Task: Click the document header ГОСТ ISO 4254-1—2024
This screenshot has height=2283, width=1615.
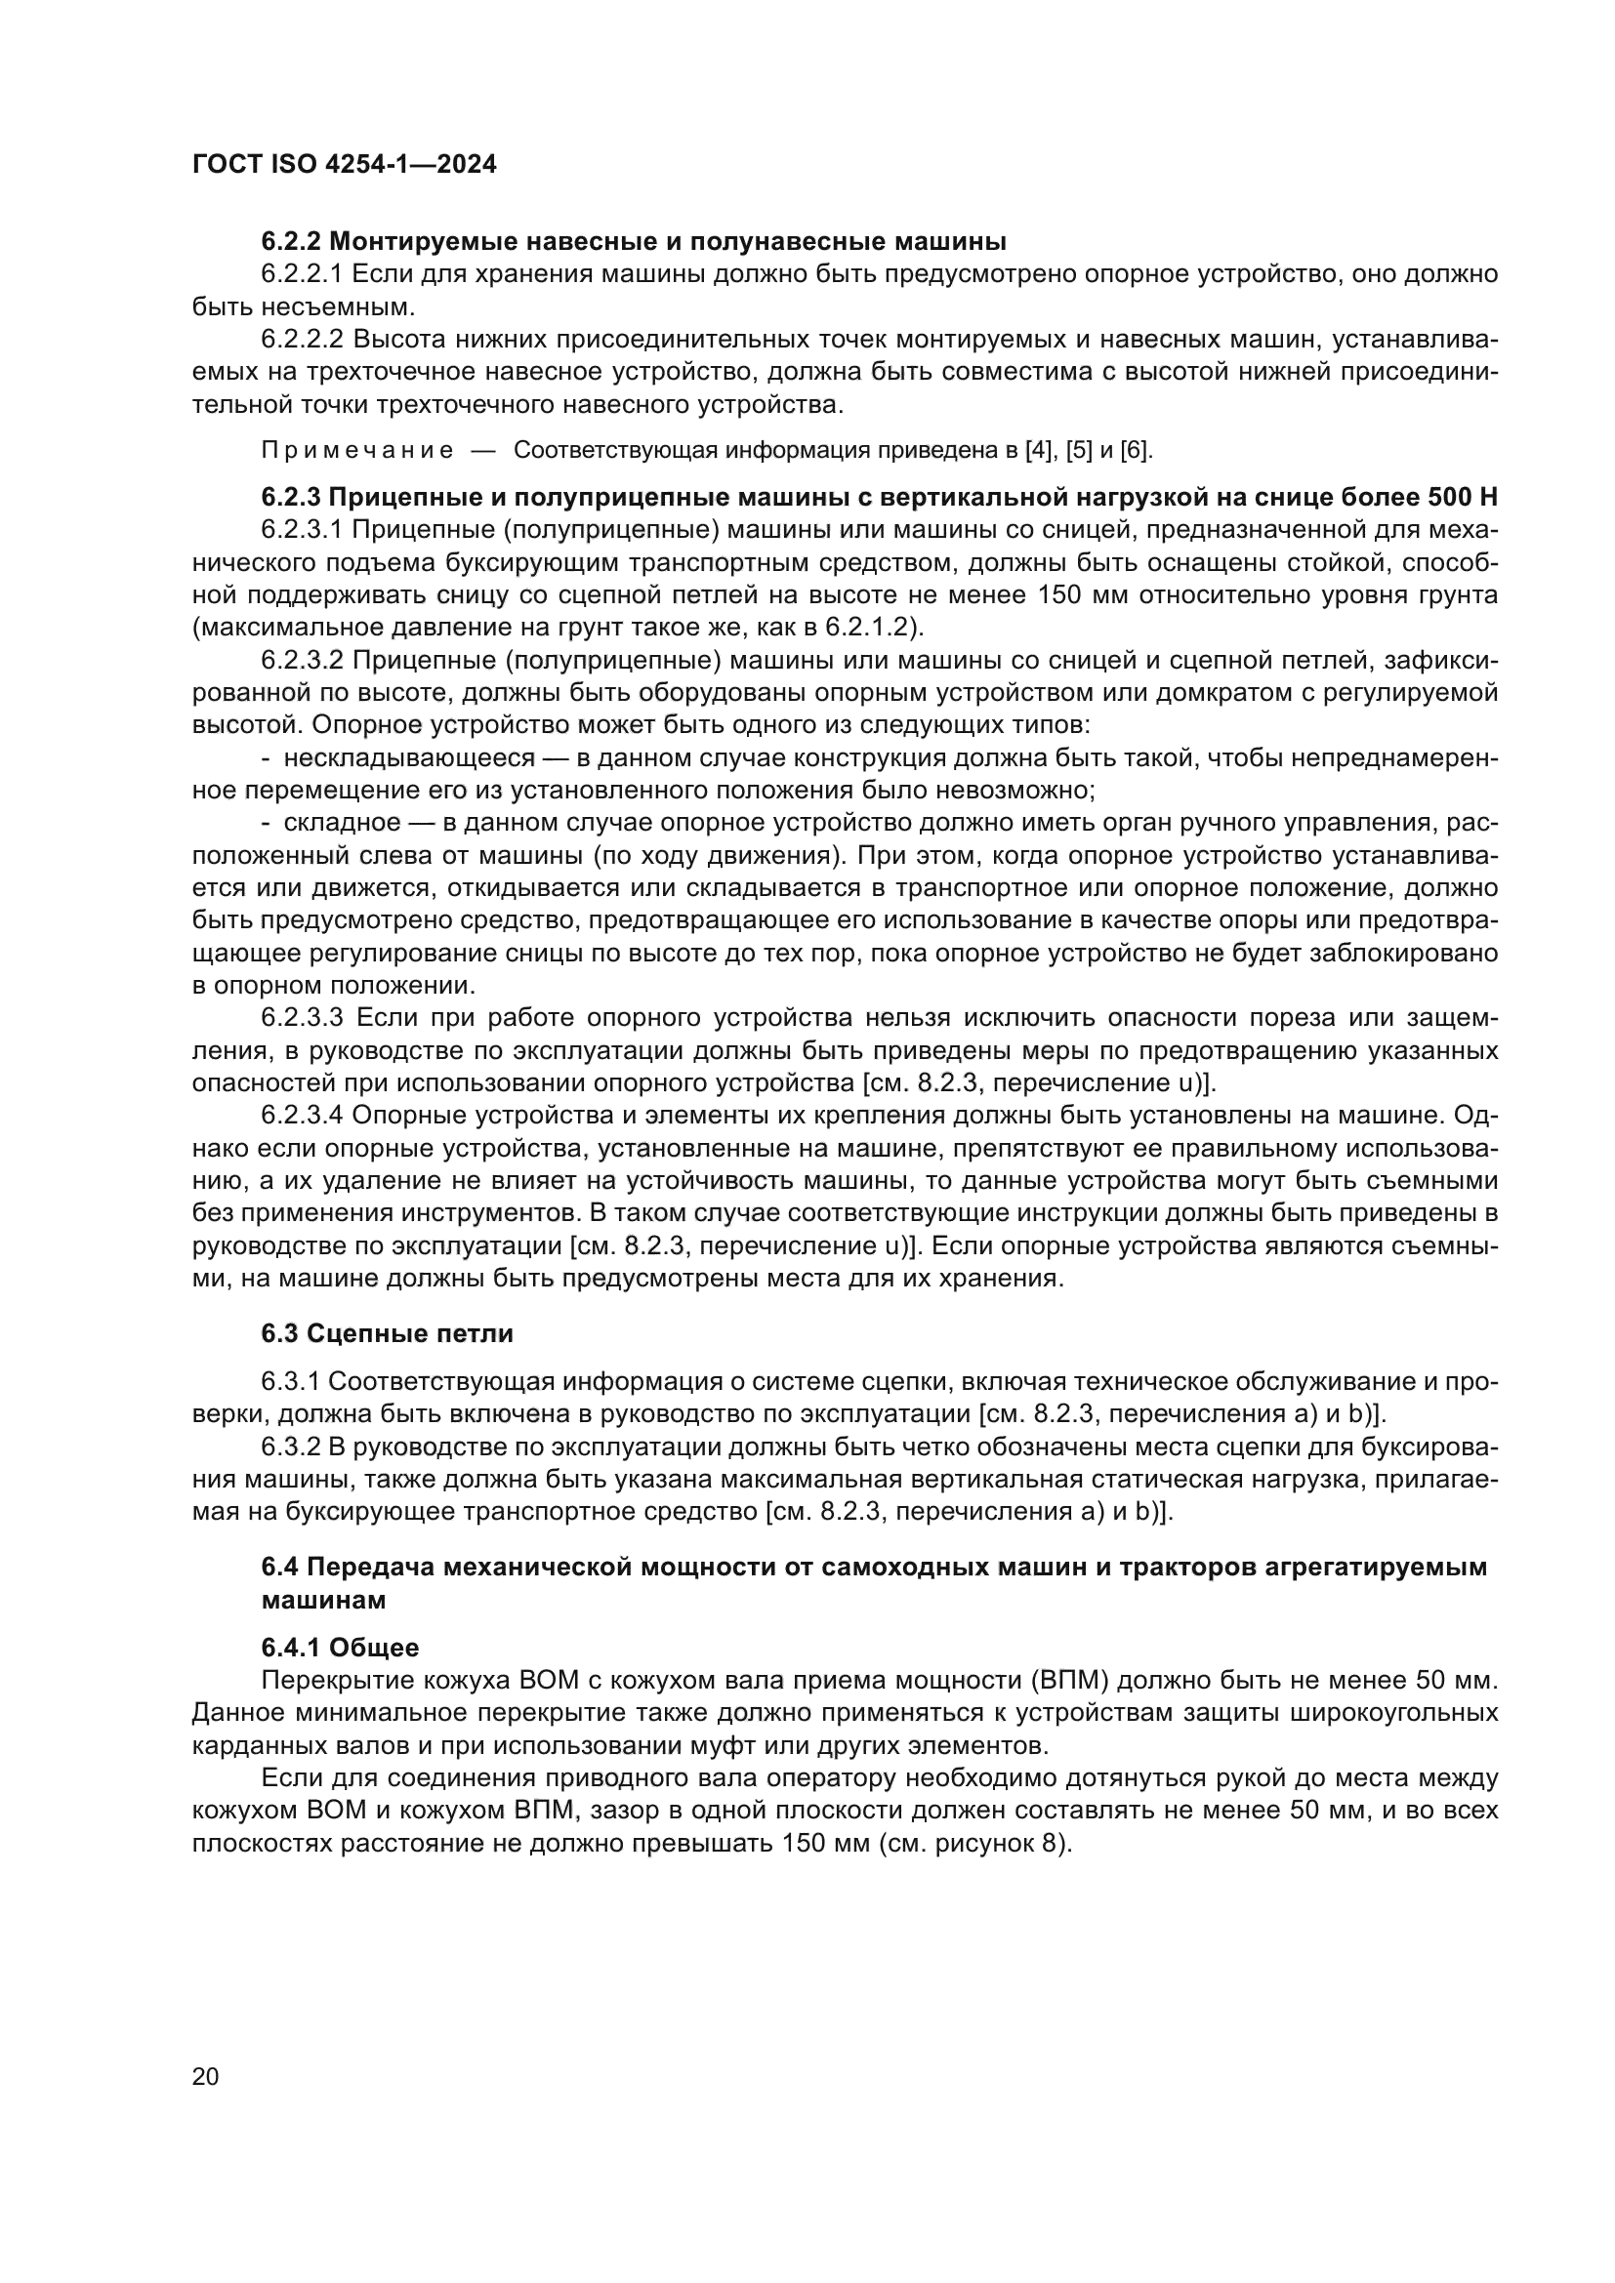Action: [x=344, y=165]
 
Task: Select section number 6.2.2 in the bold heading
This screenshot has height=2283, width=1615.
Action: [x=291, y=242]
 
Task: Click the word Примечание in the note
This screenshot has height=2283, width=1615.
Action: [x=357, y=450]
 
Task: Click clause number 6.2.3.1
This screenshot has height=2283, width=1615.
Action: [x=303, y=530]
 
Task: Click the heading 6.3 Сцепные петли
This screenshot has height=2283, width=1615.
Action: [x=387, y=1333]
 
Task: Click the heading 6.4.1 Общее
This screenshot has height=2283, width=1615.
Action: [x=339, y=1648]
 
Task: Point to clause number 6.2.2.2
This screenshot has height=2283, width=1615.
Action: [x=303, y=339]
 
